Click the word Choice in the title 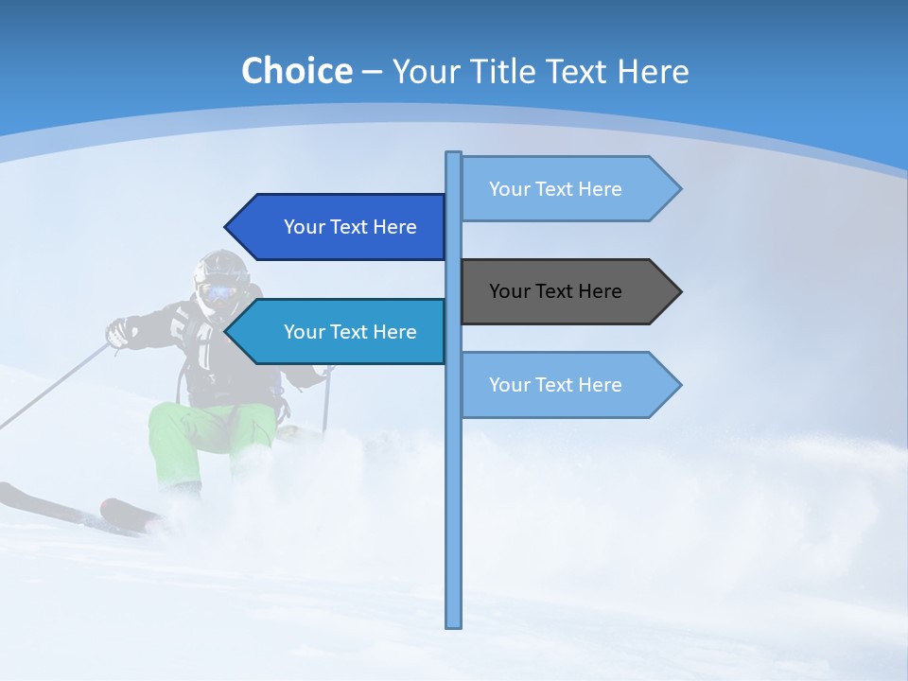coord(296,71)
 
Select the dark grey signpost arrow coord(567,291)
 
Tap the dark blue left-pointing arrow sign coord(340,227)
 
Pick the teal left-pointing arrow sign coord(340,332)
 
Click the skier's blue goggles coord(218,292)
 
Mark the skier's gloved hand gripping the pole coord(118,332)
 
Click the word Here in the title coord(654,72)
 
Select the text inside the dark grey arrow coord(555,291)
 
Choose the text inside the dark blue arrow coord(350,227)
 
